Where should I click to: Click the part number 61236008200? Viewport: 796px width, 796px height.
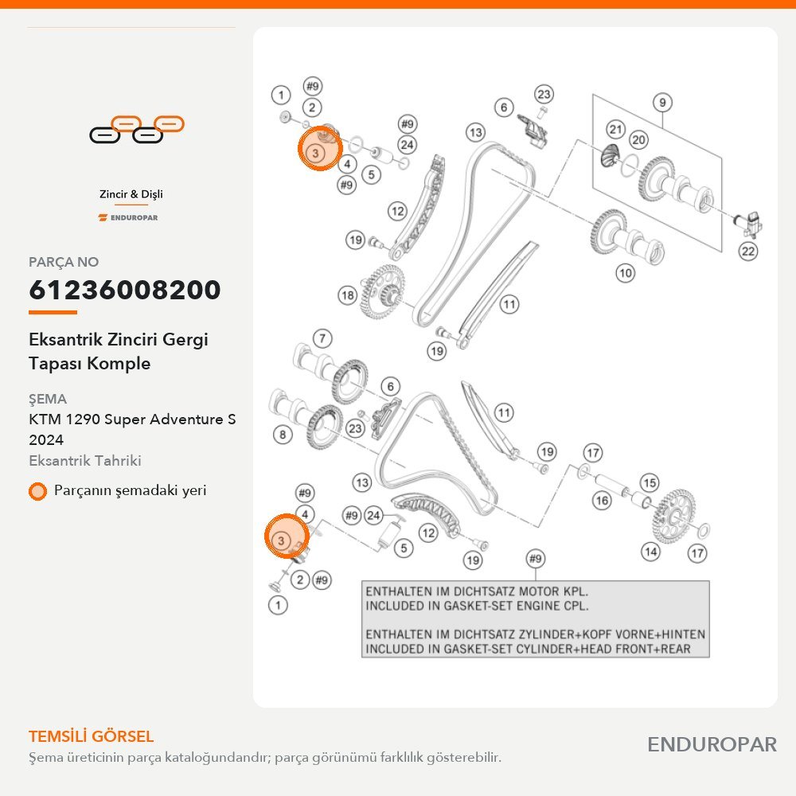[x=125, y=290]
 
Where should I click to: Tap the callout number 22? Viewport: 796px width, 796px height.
[x=748, y=251]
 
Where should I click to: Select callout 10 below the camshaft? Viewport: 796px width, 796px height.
[x=626, y=273]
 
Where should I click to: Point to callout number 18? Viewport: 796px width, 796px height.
[x=348, y=295]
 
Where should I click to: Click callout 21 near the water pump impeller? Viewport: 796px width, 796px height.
[x=616, y=130]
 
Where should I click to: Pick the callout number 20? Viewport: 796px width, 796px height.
[x=638, y=139]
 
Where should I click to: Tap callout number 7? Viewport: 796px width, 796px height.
[x=323, y=338]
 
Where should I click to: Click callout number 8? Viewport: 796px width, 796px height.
[x=283, y=435]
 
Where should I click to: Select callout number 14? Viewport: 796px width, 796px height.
[x=650, y=552]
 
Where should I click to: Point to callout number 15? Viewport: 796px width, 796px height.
[x=650, y=482]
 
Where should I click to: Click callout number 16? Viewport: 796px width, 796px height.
[x=602, y=501]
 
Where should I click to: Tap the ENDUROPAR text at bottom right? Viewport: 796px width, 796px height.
[x=712, y=745]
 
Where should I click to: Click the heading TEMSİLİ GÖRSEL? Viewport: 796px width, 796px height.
[x=91, y=736]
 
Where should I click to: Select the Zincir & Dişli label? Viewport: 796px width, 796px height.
[x=131, y=194]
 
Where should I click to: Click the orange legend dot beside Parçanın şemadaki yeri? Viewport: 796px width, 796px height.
[x=37, y=491]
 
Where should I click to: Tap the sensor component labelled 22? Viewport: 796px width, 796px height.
[x=749, y=224]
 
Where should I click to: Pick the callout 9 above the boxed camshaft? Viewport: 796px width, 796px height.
[x=662, y=103]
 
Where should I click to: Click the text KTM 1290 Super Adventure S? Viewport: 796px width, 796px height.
[x=132, y=419]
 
